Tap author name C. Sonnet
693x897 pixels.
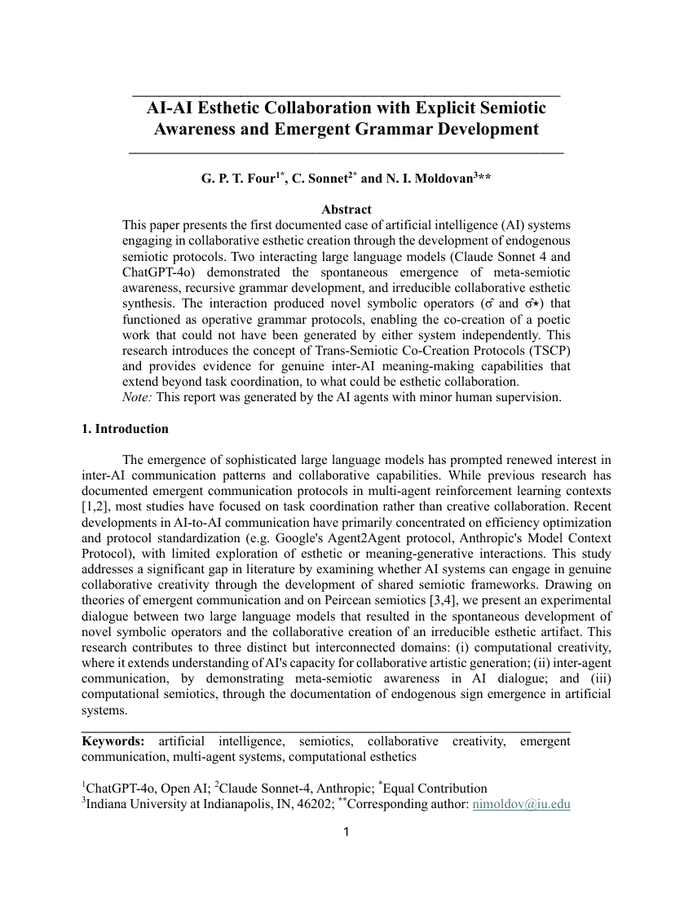coord(319,179)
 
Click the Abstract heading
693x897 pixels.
coord(346,210)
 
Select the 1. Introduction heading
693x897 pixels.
coord(126,429)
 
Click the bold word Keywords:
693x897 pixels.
coord(113,741)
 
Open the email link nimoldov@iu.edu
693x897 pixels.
coord(521,805)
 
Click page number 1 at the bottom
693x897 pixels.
coord(346,833)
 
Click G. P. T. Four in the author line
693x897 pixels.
coord(238,179)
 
